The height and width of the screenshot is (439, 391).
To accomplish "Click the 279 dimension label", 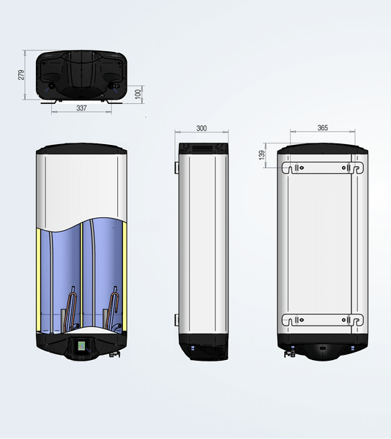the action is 21,75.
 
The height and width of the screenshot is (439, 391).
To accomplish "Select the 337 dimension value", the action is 81,108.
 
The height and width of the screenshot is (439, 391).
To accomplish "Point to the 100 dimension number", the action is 138,94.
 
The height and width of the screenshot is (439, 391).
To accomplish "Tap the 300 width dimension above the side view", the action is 201,128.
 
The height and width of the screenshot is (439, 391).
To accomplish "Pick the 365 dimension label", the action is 323,127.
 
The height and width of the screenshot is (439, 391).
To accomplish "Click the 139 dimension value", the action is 261,155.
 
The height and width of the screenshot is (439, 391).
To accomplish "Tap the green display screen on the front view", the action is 81,346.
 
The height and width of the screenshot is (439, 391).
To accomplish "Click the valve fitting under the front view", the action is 114,354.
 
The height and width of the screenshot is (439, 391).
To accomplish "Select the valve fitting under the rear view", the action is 290,354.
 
